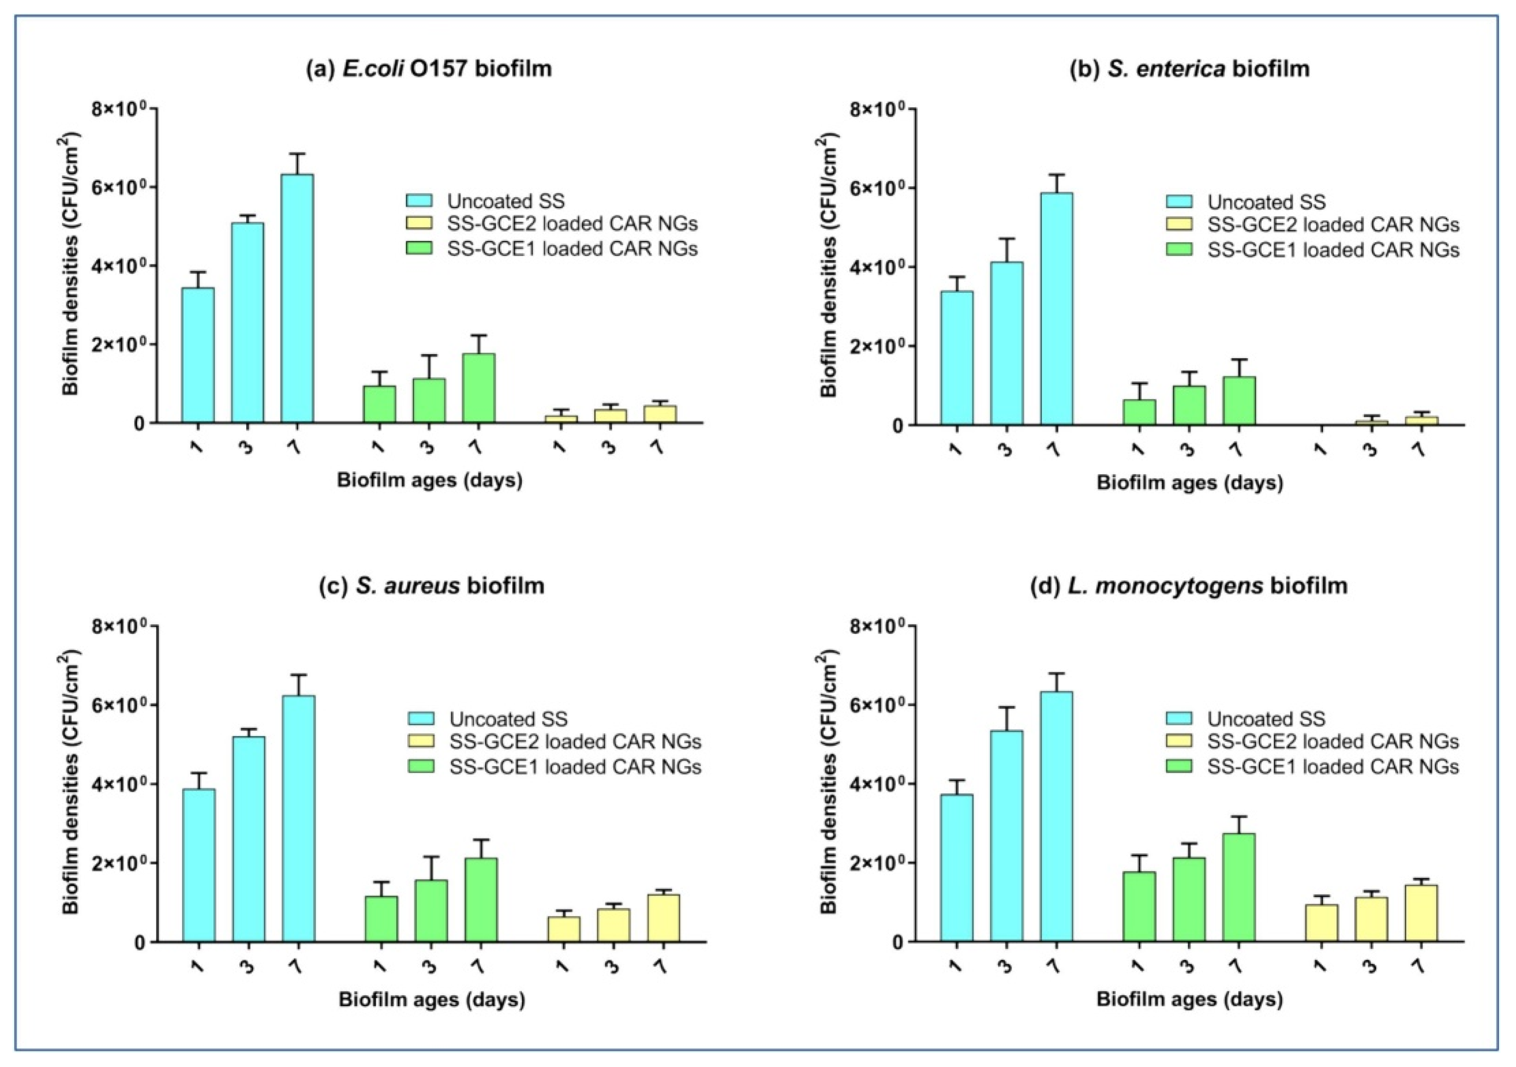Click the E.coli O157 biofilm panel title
(429, 69)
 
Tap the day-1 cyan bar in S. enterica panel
(957, 358)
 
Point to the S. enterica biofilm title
(1189, 69)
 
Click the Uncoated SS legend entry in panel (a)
(505, 201)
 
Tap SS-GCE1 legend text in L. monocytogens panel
(1333, 767)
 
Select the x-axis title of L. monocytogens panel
(1189, 1000)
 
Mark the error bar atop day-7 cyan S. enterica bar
(1056, 183)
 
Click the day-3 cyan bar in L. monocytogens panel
(1007, 835)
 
